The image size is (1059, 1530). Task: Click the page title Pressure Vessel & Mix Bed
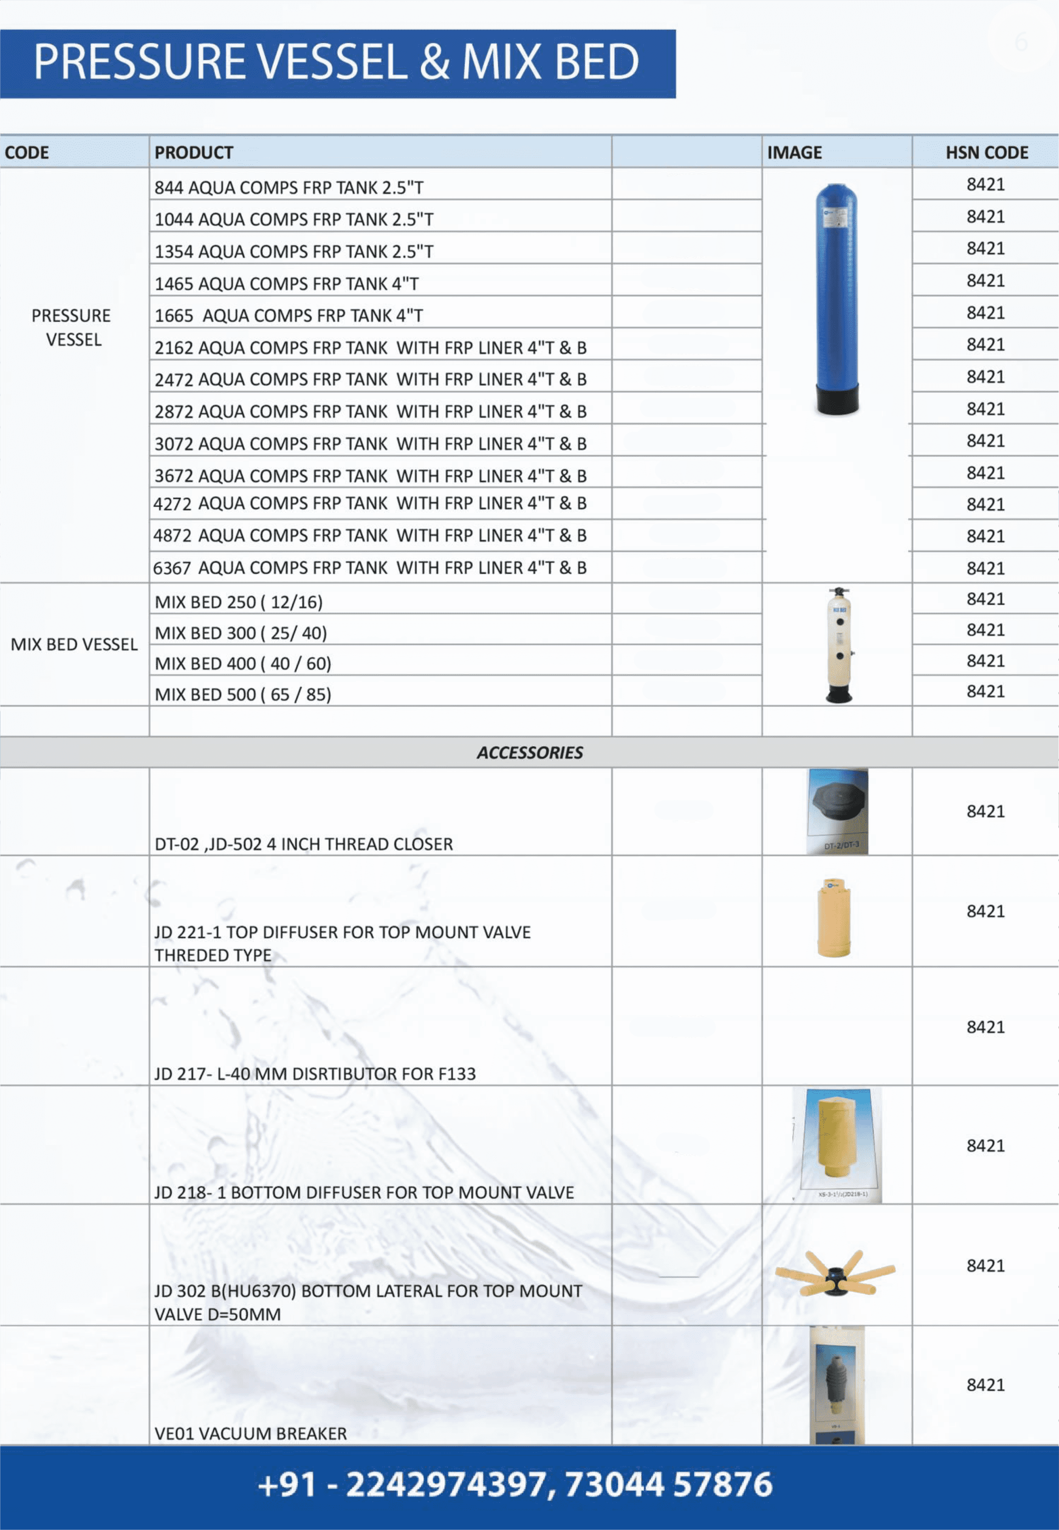coord(336,62)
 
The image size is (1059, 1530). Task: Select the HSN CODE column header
coord(986,152)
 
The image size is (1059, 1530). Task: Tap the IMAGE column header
coord(794,152)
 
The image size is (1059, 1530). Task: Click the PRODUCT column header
coord(194,152)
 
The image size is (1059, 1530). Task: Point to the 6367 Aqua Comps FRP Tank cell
coord(370,568)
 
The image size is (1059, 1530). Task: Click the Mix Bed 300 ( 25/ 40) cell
coord(241,633)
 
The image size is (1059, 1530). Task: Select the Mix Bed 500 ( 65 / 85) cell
coord(243,694)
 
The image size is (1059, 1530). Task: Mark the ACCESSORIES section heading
coord(530,753)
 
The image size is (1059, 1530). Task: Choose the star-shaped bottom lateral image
coord(836,1273)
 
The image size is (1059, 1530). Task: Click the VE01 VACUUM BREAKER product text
coord(251,1434)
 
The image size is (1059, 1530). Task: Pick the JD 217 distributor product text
coord(315,1074)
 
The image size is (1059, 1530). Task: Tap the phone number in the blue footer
coord(515,1485)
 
